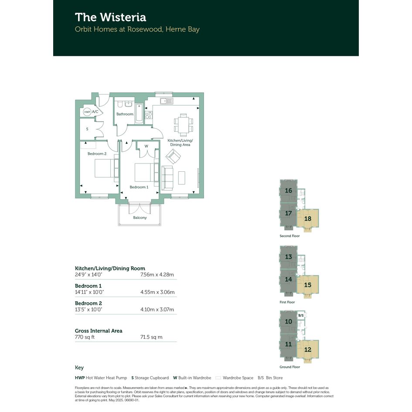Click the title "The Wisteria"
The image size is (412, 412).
tap(110, 17)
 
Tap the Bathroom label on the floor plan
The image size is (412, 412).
tap(125, 114)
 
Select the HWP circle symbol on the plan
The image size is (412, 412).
tap(87, 112)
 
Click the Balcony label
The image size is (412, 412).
tap(140, 218)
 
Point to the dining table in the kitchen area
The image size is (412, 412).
tap(184, 125)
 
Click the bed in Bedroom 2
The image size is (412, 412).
tap(104, 168)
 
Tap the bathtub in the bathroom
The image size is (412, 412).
tap(139, 114)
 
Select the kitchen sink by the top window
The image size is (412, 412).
tap(167, 101)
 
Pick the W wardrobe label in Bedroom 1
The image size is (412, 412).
tap(146, 146)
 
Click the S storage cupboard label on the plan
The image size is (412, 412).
tap(87, 129)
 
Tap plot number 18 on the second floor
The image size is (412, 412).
tap(308, 218)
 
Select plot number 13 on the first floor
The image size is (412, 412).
tap(289, 257)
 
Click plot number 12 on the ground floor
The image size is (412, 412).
tap(308, 350)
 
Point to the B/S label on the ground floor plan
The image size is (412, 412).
tap(301, 315)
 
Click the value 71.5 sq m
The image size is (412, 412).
tap(151, 337)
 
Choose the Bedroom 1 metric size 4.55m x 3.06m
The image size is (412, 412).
tap(157, 292)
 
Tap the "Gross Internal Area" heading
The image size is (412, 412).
tap(99, 331)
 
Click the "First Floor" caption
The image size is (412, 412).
tap(287, 302)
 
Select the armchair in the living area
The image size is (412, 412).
tap(173, 157)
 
